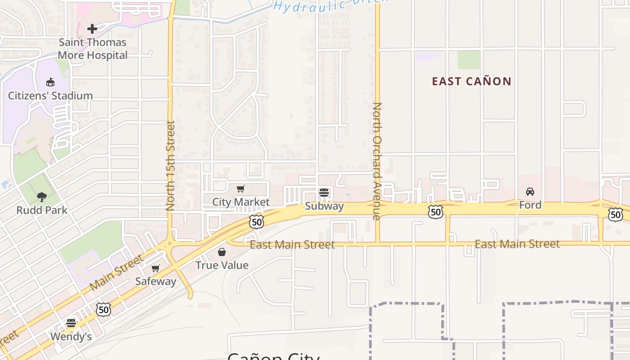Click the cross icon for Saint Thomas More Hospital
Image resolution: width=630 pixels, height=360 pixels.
coord(92,29)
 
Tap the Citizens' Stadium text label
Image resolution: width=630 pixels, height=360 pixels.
coord(50,96)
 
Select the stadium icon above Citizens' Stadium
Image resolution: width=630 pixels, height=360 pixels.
coord(50,82)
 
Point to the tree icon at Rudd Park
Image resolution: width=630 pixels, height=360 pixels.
coord(42,197)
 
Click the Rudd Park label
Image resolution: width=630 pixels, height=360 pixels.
coord(42,210)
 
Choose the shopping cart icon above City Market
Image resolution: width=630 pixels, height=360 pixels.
coord(241,189)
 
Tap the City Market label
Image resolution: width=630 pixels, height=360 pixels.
coord(241,202)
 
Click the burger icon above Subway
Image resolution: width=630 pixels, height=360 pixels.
coord(324,193)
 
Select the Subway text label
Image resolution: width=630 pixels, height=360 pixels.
coord(324,206)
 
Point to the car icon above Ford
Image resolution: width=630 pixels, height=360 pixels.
coord(530,192)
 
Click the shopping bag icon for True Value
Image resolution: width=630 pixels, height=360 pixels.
coord(222,252)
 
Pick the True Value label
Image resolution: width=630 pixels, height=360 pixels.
coord(222,265)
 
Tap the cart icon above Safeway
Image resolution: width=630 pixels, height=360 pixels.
coord(156,268)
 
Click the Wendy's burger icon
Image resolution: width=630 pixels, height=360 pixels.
coord(71,323)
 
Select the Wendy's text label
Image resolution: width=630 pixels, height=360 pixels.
coord(71,337)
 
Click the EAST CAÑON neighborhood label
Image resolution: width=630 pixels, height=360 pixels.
coord(472,81)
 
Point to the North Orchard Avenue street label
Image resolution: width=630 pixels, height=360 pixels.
coord(377,161)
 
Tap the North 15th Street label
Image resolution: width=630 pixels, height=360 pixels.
coord(170,166)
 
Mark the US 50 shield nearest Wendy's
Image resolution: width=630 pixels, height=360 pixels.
coord(103,310)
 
